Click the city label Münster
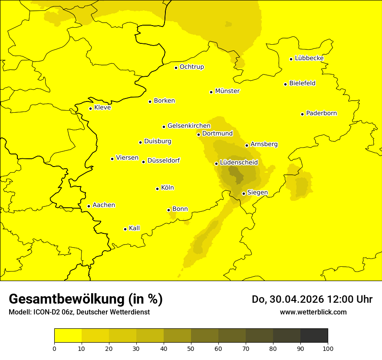[x=227, y=91]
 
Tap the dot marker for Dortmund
[x=199, y=134]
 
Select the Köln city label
[x=167, y=188]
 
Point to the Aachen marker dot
[x=89, y=206]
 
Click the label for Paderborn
[x=321, y=113]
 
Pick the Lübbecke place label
[x=309, y=58]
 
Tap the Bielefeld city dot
[x=286, y=84]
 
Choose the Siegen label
[x=257, y=193]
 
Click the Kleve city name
[x=102, y=108]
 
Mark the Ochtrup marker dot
[x=176, y=68]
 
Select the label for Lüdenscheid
[x=239, y=163]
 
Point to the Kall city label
[x=135, y=228]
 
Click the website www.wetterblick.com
[x=313, y=312]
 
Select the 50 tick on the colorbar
[x=191, y=348]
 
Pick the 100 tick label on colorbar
[x=328, y=348]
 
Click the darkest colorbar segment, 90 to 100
[x=314, y=336]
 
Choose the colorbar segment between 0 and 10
[x=68, y=336]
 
